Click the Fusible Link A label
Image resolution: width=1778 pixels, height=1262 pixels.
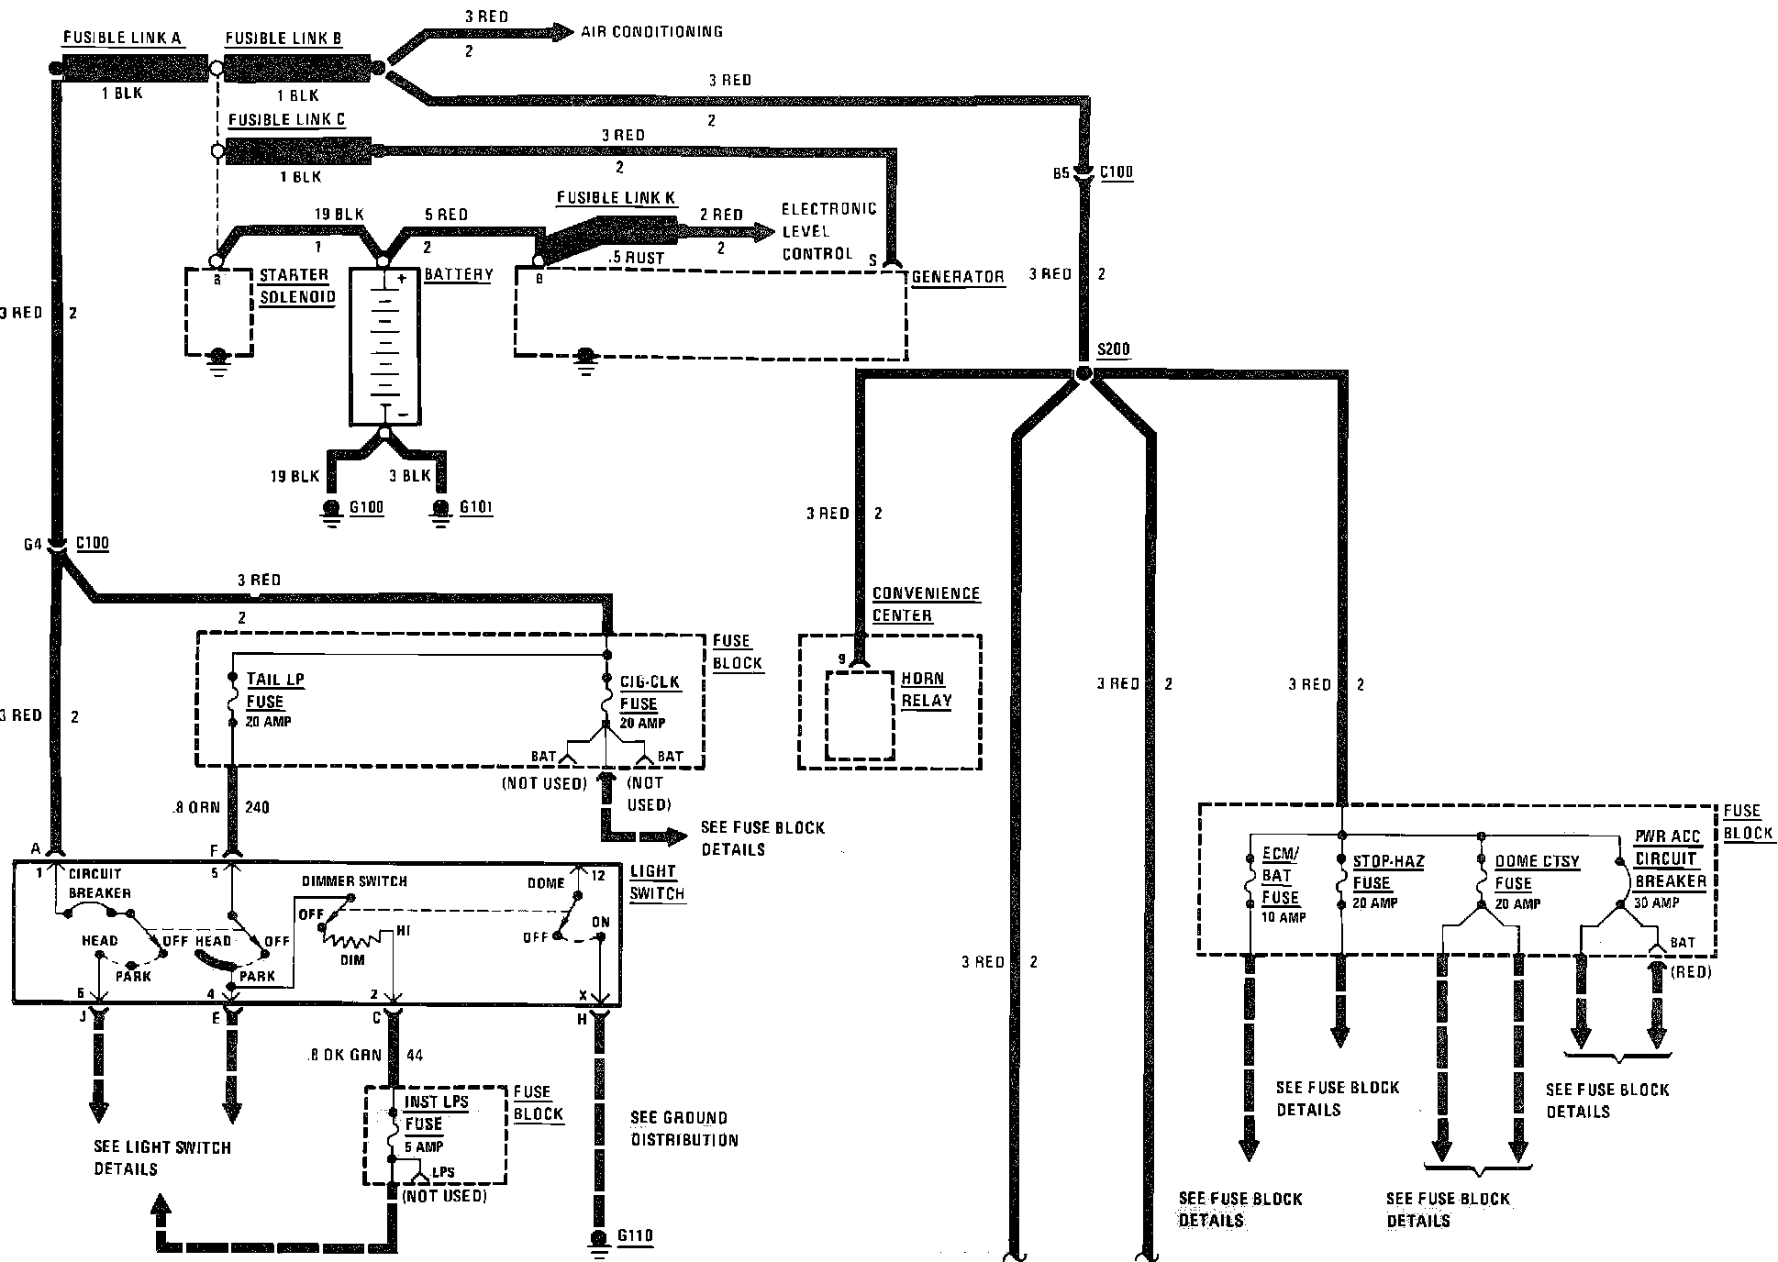coord(122,39)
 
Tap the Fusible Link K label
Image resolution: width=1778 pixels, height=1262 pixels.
coord(616,198)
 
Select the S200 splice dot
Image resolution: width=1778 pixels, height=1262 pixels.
coord(1083,373)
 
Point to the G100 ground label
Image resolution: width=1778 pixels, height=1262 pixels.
coord(367,508)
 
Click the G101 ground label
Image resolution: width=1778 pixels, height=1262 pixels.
coord(476,508)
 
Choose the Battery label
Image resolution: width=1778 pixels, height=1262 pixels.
coord(459,275)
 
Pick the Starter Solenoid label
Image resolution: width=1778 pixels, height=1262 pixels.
coord(296,286)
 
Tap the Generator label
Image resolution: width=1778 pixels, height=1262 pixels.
coord(958,277)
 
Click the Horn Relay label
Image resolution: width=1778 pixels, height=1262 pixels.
coord(927,690)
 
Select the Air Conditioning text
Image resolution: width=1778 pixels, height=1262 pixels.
coord(651,32)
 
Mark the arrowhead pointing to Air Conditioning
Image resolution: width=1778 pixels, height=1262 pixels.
coord(559,33)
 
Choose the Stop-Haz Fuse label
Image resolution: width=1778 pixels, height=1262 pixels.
coord(1387,872)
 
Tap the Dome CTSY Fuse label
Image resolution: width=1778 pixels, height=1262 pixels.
coord(1536,872)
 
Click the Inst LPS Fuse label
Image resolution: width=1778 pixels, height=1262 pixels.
coord(435,1113)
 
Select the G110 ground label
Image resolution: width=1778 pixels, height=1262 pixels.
coord(635,1236)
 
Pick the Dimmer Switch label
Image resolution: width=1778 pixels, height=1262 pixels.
coord(354,881)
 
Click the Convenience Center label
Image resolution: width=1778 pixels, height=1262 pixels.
coord(925,604)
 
